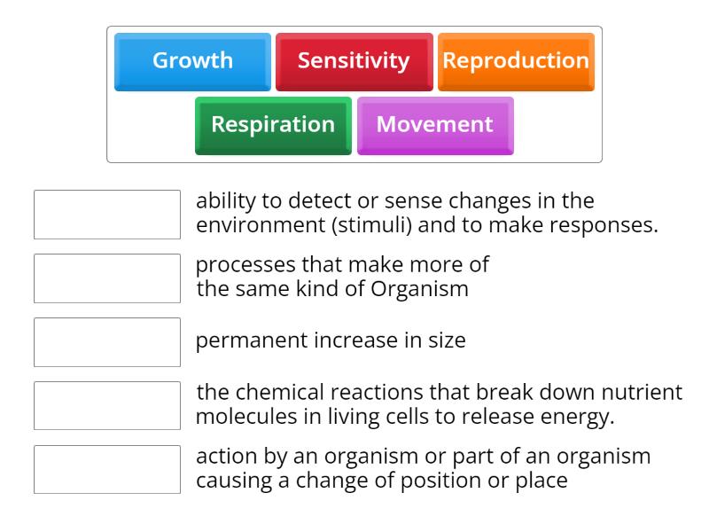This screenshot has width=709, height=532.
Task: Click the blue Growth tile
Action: pos(192,62)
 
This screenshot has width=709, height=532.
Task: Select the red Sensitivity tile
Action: pos(354,62)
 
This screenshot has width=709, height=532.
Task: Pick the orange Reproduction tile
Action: pos(516,62)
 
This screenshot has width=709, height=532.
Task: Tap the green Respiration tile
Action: pos(273,126)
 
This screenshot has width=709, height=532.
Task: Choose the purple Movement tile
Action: pos(435,126)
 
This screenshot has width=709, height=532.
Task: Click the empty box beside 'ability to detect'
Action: pos(107,215)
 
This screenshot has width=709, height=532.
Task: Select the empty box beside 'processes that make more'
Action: pos(107,278)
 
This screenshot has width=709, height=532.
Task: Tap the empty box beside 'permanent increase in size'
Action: pos(107,342)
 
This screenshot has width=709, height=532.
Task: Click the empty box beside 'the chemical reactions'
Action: pos(107,405)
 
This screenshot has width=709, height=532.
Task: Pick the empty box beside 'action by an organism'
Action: pos(107,469)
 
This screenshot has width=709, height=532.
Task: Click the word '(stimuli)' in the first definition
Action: pos(372,225)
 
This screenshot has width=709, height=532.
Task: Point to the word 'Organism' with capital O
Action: pos(419,289)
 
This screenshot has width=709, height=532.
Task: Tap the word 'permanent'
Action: pos(252,340)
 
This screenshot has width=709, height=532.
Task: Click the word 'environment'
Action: pos(261,225)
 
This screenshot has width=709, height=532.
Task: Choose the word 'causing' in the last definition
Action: pos(234,481)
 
